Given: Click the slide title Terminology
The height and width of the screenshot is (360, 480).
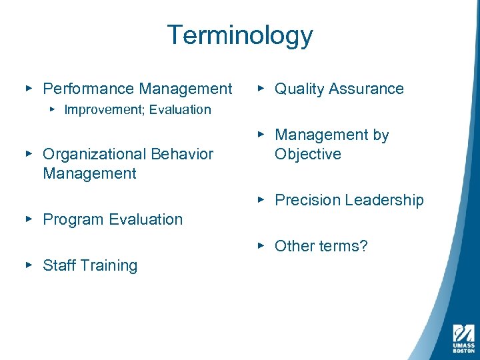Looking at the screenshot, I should coord(239,35).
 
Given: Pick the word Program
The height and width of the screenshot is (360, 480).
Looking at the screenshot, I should coord(70,219).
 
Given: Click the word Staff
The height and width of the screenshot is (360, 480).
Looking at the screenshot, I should coord(57,265).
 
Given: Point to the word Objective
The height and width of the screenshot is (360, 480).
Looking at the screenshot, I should coord(308,155).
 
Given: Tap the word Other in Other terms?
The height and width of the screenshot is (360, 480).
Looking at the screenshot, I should coord(294,246).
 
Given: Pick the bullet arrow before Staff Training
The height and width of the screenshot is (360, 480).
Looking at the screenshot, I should coord(29,265).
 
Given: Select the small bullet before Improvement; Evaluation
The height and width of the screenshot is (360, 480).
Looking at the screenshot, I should coord(51,109).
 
